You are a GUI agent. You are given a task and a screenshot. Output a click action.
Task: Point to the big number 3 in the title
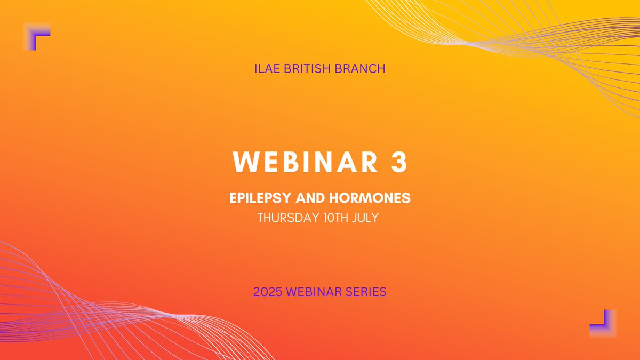398,163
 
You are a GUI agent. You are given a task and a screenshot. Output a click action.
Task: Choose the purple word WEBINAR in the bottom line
315,292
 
